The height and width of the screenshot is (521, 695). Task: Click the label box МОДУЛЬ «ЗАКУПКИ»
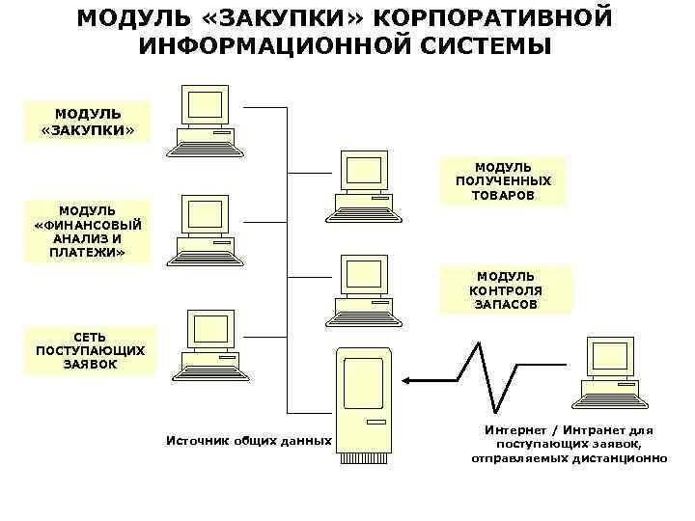point(89,122)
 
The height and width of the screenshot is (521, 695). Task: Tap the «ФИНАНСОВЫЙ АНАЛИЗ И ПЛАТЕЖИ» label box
point(87,232)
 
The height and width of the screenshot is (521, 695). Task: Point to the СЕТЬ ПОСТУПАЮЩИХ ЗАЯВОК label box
point(90,350)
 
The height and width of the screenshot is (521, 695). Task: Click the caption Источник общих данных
point(249,441)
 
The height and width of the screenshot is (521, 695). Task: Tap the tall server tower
point(364,403)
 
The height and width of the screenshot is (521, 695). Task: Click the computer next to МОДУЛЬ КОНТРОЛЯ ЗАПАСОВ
point(363,290)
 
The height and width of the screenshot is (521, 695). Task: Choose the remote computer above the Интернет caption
point(608,371)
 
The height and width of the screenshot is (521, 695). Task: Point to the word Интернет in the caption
point(514,429)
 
